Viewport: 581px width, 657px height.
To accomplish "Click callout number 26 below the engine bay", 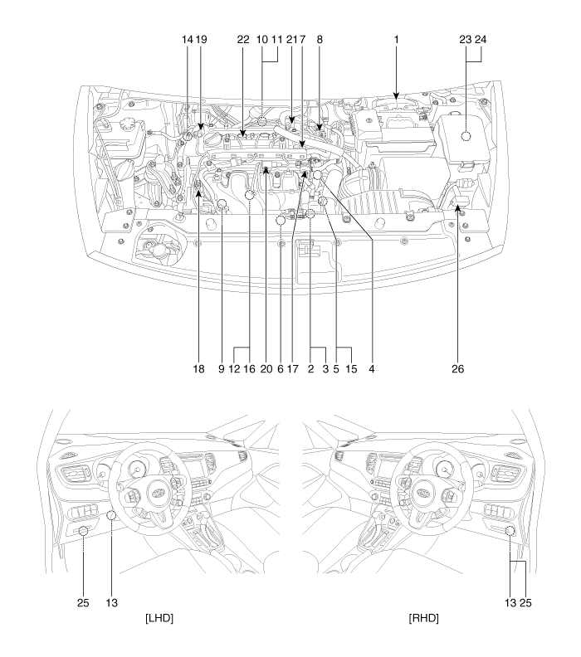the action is (x=458, y=368).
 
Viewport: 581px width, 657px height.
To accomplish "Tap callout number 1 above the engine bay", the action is (x=396, y=39).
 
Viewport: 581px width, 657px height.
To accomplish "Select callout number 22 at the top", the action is (x=243, y=39).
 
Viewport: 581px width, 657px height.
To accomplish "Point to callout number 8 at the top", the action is (x=320, y=39).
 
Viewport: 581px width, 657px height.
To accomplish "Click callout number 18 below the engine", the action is (x=198, y=368).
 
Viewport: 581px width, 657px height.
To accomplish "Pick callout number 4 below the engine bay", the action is (x=371, y=368).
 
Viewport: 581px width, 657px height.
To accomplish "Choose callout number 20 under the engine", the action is (x=266, y=368).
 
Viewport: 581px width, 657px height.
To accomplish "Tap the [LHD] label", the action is (x=159, y=618).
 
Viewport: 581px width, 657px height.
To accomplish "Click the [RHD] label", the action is (x=424, y=618).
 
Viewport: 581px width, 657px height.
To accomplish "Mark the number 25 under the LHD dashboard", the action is (x=83, y=602).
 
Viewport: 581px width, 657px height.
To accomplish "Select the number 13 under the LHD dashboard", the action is (x=111, y=602).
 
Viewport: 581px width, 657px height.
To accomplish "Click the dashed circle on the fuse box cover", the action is (x=466, y=136).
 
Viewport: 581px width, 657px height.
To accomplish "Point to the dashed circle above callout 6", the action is (x=281, y=220).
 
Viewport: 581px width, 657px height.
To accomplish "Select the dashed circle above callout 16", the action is (x=250, y=194).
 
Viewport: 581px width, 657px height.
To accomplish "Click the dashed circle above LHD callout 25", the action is (x=83, y=531).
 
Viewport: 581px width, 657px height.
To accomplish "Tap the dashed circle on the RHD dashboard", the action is (x=510, y=531).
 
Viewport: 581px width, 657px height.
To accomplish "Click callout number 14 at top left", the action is (x=187, y=39).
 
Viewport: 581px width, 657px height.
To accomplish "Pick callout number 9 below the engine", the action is (x=221, y=368).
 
